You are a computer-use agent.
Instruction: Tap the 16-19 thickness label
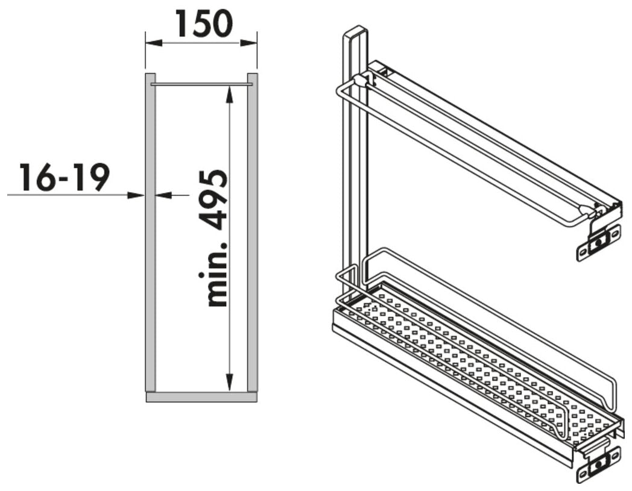pyautogui.click(x=64, y=177)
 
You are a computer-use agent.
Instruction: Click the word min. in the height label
pyautogui.click(x=213, y=274)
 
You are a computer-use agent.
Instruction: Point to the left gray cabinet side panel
pyautogui.click(x=150, y=232)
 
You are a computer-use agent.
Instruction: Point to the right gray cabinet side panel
pyautogui.click(x=252, y=232)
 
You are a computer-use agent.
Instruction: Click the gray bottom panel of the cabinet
pyautogui.click(x=201, y=396)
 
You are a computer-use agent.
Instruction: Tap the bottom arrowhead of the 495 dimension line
pyautogui.click(x=229, y=382)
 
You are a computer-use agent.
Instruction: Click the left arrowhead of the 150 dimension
pyautogui.click(x=154, y=43)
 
